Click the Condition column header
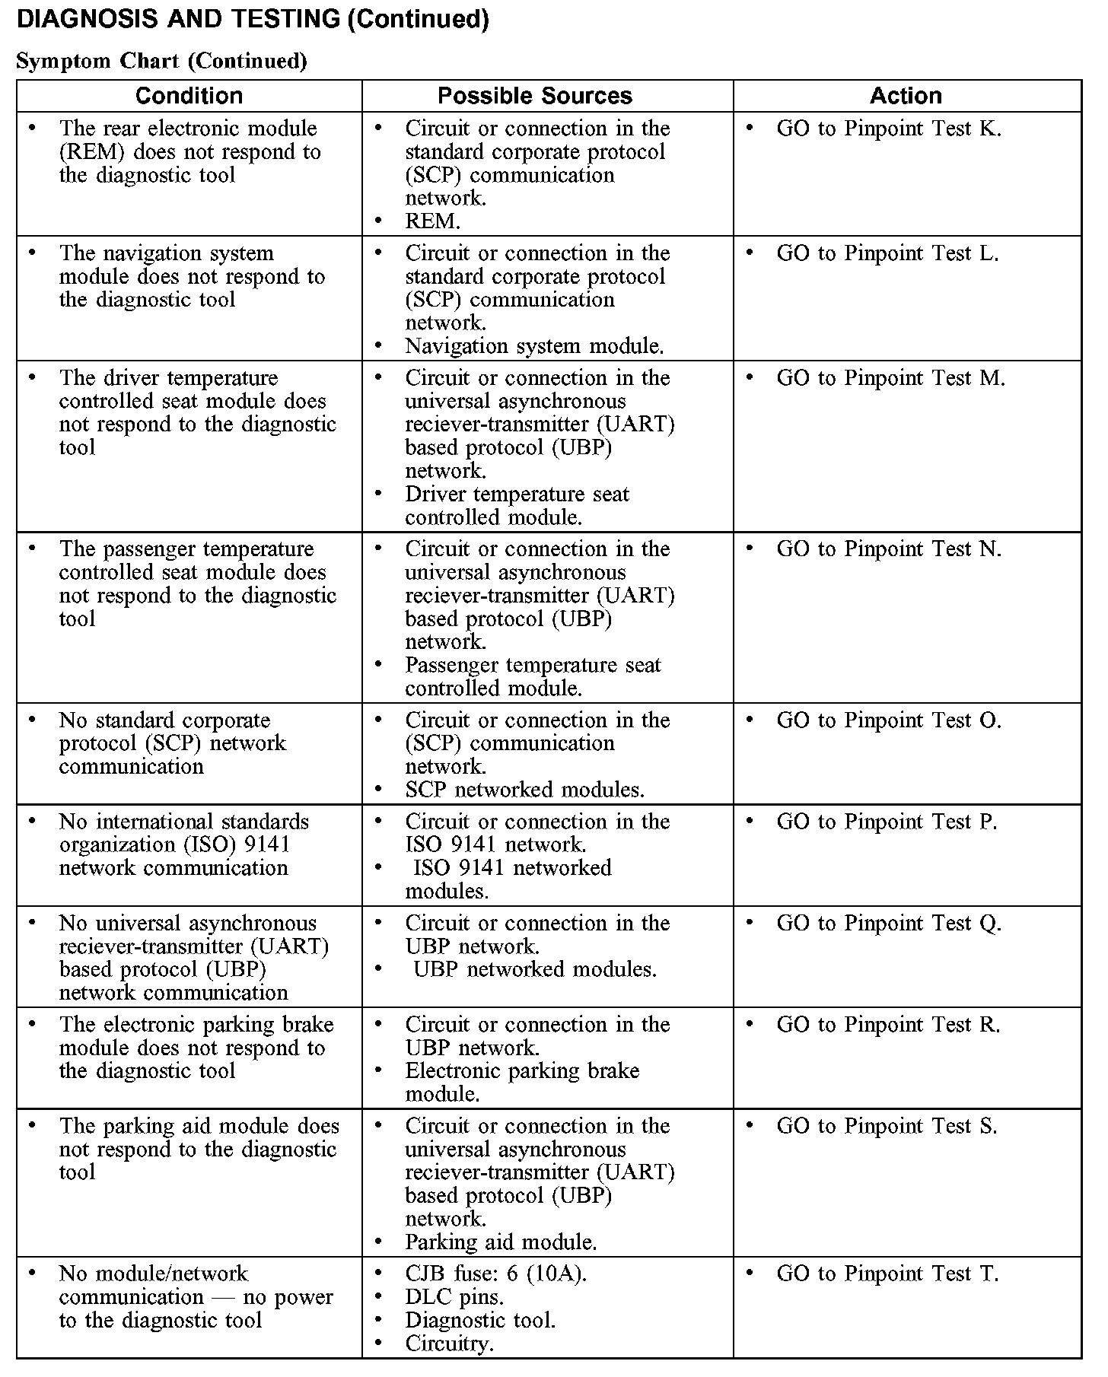tap(189, 96)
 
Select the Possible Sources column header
tap(534, 96)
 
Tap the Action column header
tap(906, 96)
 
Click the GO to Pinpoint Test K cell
tap(888, 129)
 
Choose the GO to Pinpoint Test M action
tap(890, 378)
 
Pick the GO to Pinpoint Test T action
tap(887, 1274)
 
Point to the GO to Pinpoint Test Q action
tap(888, 924)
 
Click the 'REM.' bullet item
tap(432, 221)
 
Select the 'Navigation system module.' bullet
tap(534, 346)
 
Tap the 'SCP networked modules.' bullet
tap(524, 790)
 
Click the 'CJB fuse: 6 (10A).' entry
tap(495, 1274)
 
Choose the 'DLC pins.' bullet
tap(454, 1296)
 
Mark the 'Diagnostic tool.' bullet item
tap(480, 1320)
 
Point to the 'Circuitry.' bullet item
tap(449, 1344)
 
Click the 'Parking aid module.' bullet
tap(501, 1242)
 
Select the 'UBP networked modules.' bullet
tap(535, 970)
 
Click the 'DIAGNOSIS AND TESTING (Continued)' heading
tap(253, 19)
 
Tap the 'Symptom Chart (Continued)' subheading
tap(161, 61)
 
